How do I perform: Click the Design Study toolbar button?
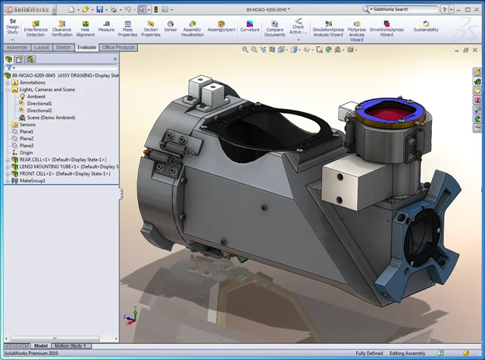click(x=12, y=28)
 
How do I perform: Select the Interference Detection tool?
click(x=36, y=28)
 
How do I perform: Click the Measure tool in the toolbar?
click(x=106, y=27)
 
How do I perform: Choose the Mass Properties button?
click(x=128, y=28)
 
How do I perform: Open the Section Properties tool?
click(x=151, y=28)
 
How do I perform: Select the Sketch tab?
click(x=64, y=47)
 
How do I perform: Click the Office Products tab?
click(x=119, y=47)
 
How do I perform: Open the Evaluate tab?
click(x=86, y=47)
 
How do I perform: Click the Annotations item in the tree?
click(x=33, y=83)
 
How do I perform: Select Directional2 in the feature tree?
click(x=39, y=111)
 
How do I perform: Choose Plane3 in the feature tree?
click(x=27, y=146)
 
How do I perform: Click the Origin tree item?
click(x=26, y=152)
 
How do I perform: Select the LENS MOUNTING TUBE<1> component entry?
click(x=61, y=167)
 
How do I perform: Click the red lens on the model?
click(x=392, y=114)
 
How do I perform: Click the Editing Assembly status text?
click(x=408, y=353)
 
